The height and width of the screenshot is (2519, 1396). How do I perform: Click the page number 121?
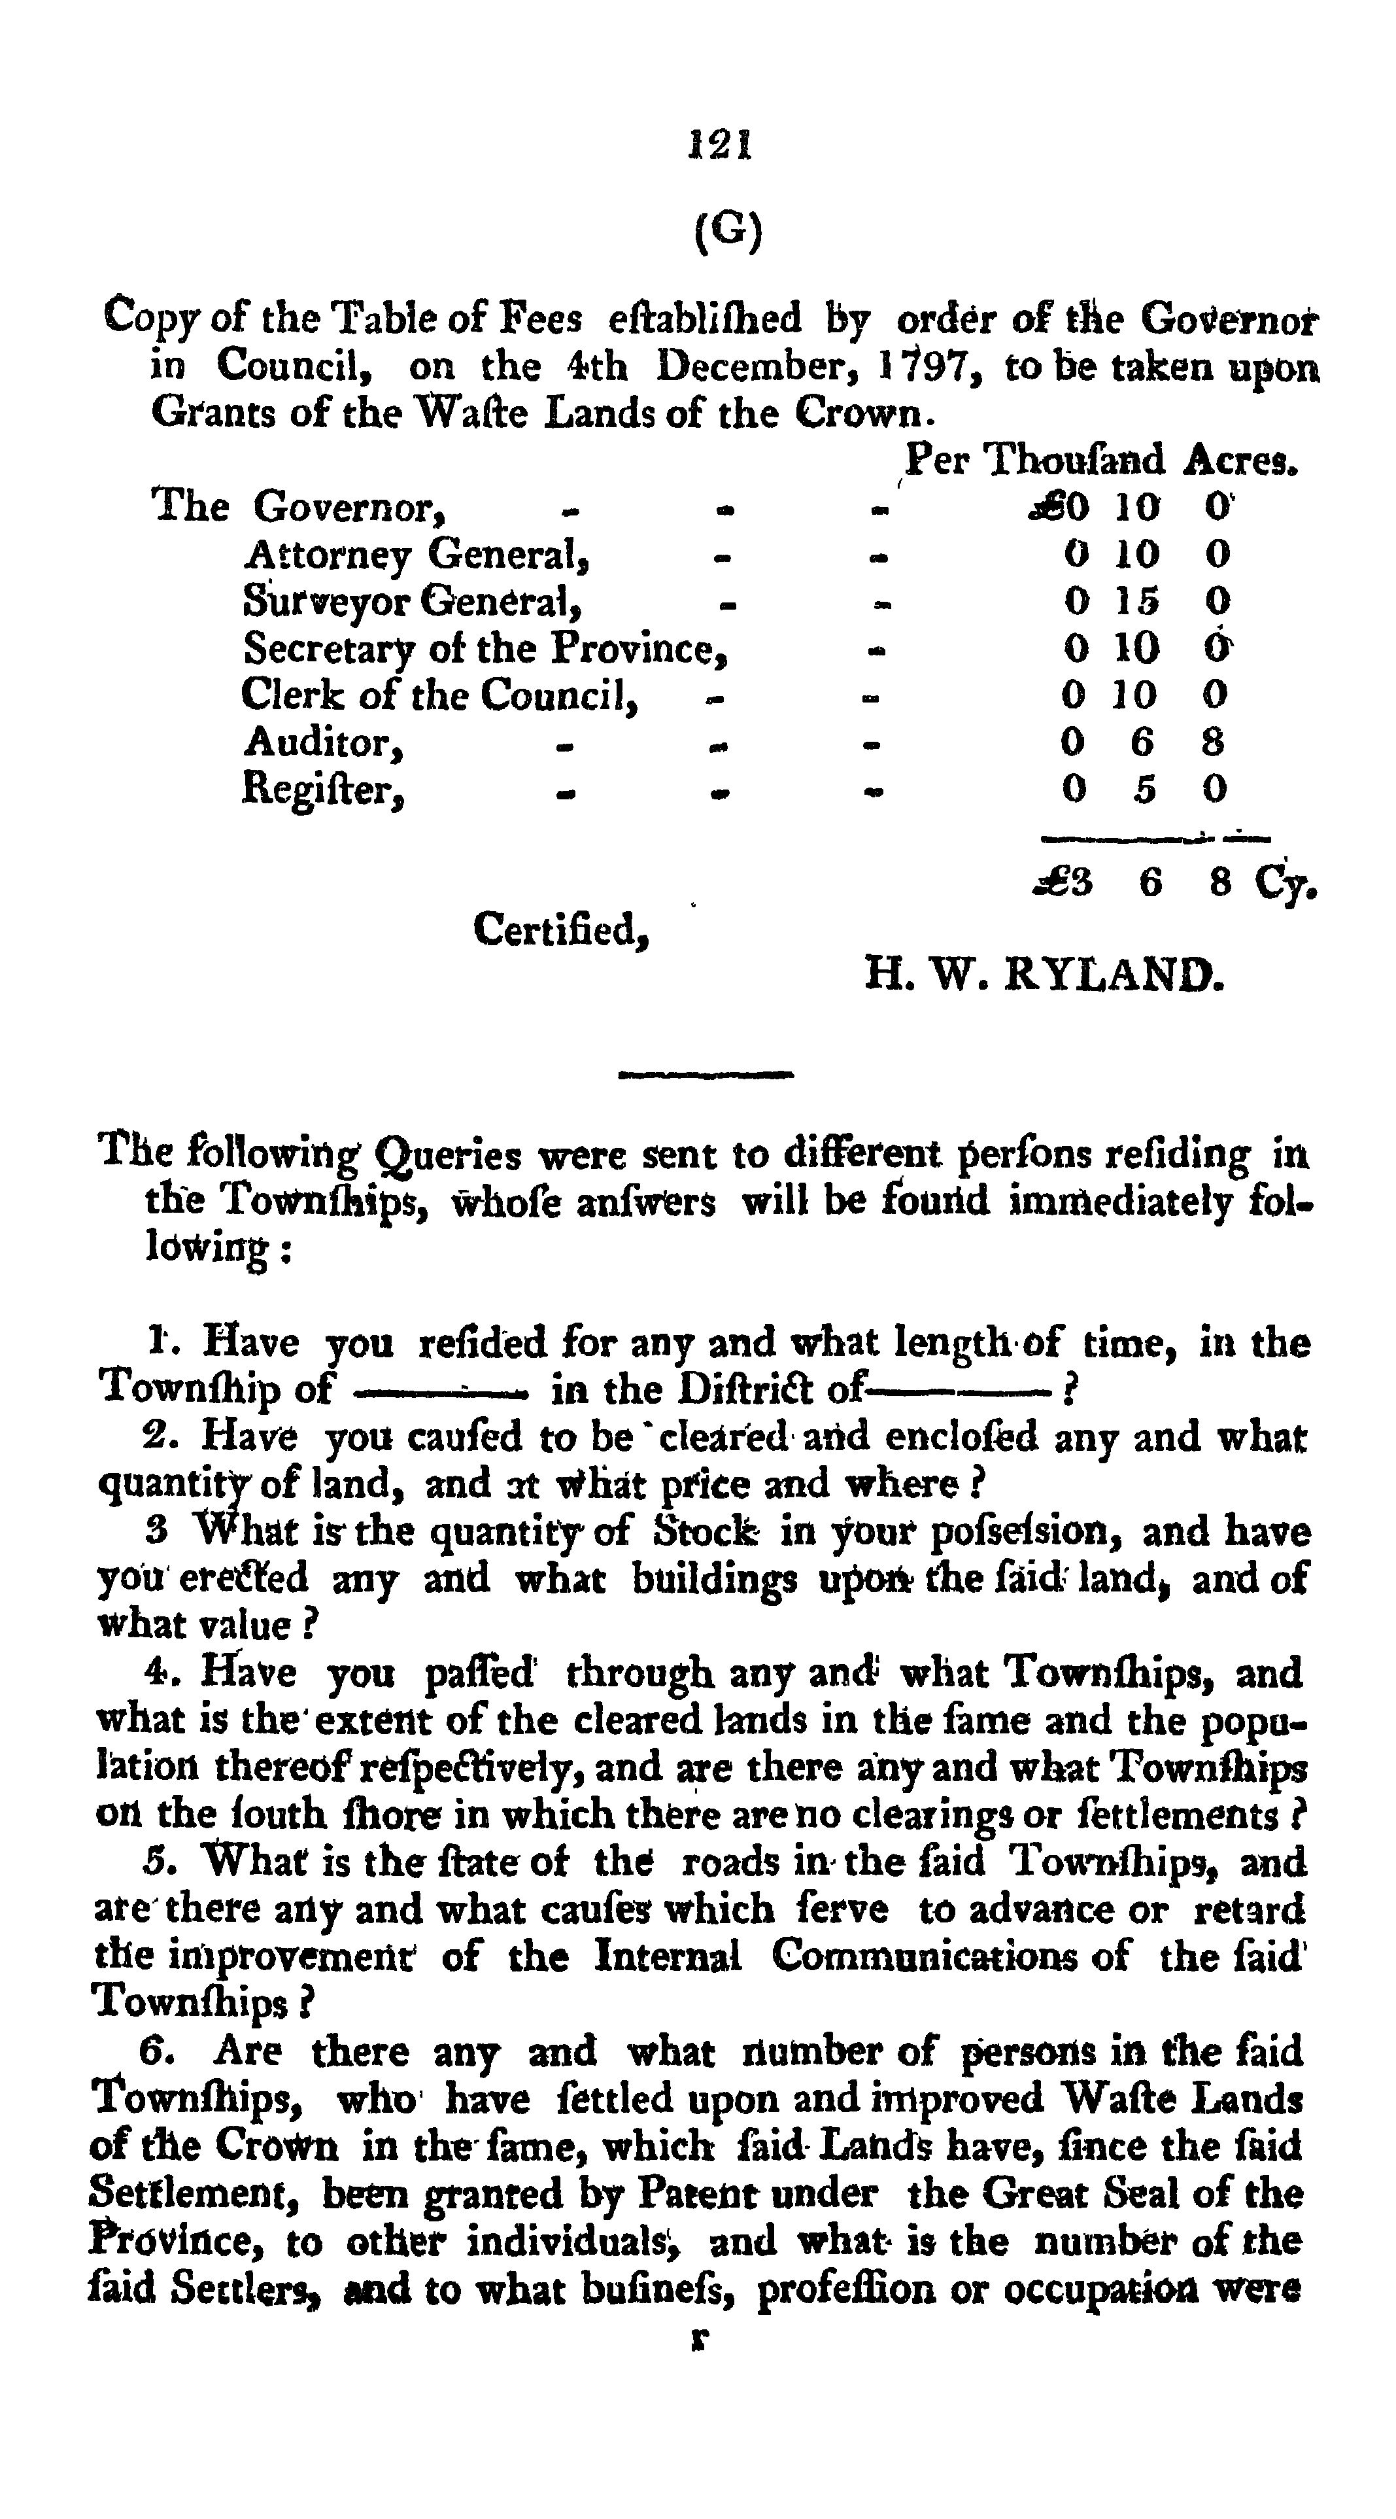pos(719,146)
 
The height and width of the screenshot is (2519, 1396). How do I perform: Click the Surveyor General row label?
pos(413,601)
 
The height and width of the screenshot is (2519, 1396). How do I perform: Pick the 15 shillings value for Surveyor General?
pos(1136,601)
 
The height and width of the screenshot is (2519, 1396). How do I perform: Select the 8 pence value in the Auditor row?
pos(1213,742)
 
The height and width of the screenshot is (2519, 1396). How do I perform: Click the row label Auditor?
pos(322,743)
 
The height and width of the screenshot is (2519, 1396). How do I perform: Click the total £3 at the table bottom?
pos(1064,883)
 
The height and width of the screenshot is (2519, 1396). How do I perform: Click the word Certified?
pos(561,929)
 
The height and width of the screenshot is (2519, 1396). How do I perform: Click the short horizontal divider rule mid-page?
pos(706,1075)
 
